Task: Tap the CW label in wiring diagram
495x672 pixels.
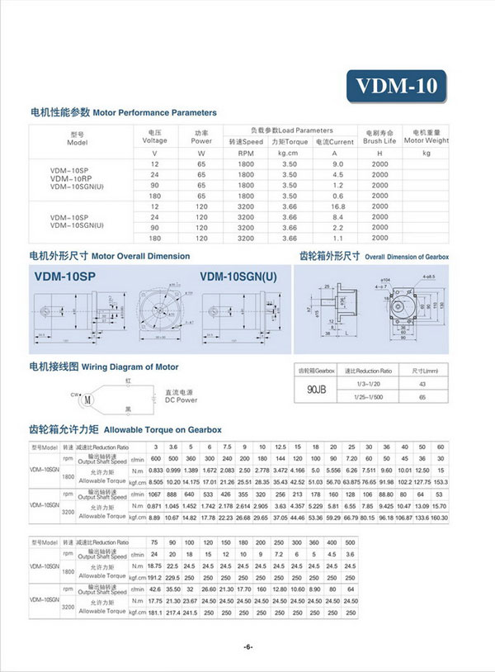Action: coord(73,394)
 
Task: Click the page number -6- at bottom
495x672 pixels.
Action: coord(247,646)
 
